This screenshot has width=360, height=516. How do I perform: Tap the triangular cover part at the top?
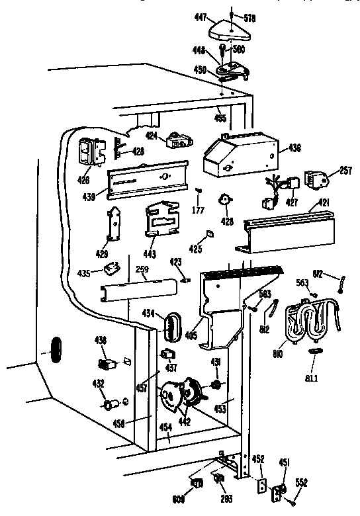pos(226,28)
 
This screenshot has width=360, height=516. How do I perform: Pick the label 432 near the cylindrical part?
pos(97,383)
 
